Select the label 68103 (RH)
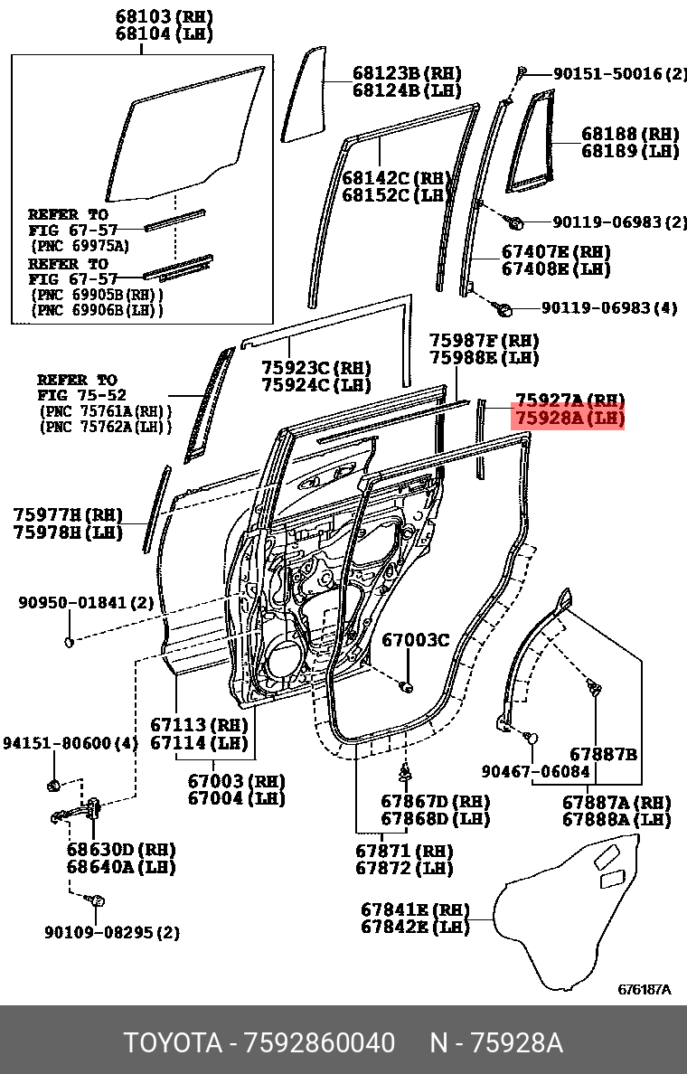point(164,17)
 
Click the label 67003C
point(415,641)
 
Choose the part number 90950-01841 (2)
point(87,602)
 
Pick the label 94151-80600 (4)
point(71,743)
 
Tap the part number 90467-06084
point(536,772)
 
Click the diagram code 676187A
point(645,990)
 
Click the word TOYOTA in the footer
point(173,1043)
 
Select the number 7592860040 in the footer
point(319,1043)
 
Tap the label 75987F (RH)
point(484,341)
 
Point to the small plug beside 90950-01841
point(69,642)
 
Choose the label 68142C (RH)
point(396,178)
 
